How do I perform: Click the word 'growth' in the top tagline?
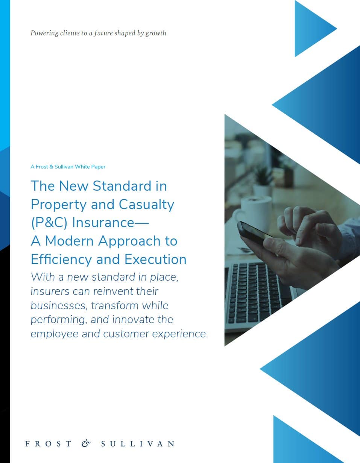coord(156,33)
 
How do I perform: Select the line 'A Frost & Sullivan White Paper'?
coord(68,167)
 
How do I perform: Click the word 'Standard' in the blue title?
coord(122,186)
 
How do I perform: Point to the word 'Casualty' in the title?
coord(146,205)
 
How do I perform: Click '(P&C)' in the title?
coord(49,223)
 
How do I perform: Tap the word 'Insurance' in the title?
coord(103,223)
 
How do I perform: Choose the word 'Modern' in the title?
coord(70,241)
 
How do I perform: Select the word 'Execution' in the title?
coord(155,259)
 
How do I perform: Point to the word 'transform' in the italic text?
coord(115,305)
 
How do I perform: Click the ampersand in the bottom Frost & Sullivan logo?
coord(86,443)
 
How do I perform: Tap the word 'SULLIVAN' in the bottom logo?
coord(138,443)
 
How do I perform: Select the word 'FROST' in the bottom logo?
coord(49,443)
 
